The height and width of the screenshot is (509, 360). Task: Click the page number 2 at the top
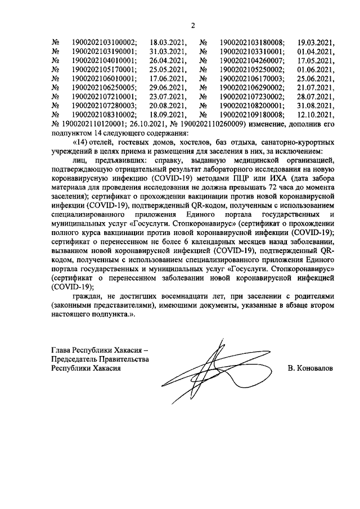coord(192,25)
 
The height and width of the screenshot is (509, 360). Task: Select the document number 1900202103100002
coord(104,43)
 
